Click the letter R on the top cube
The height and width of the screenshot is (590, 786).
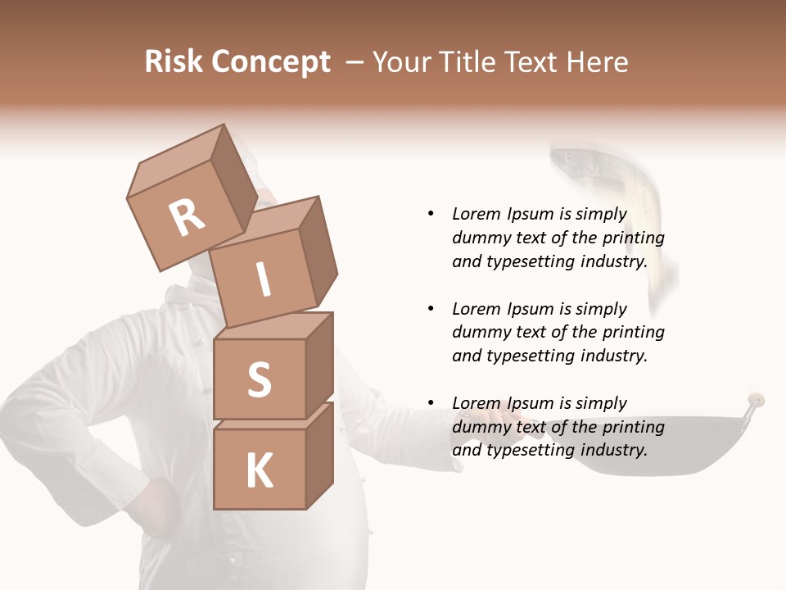(187, 217)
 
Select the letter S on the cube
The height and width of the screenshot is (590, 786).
(259, 380)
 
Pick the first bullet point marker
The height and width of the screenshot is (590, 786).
(431, 214)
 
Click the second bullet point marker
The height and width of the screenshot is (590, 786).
(431, 309)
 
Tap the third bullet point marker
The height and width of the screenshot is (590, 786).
(431, 403)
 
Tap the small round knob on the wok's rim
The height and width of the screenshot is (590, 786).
(756, 400)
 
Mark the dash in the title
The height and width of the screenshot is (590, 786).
(355, 61)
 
